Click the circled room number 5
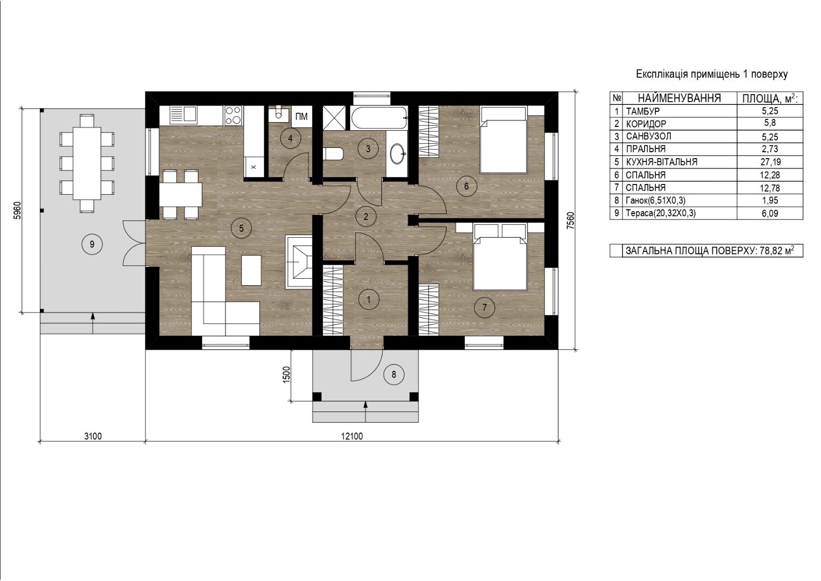click(241, 229)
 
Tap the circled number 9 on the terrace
click(91, 244)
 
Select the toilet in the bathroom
click(333, 154)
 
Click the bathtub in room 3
click(379, 117)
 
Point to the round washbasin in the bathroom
click(398, 154)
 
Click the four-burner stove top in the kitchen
click(233, 115)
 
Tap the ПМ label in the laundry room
click(301, 117)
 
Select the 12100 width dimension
click(352, 436)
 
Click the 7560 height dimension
click(570, 221)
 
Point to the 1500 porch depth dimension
click(287, 374)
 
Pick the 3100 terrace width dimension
click(93, 436)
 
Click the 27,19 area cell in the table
click(770, 162)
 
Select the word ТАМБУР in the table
click(643, 111)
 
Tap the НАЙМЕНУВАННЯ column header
click(679, 98)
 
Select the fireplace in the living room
click(299, 263)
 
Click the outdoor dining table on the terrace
click(87, 163)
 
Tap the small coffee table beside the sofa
click(251, 271)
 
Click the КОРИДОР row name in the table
click(646, 124)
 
